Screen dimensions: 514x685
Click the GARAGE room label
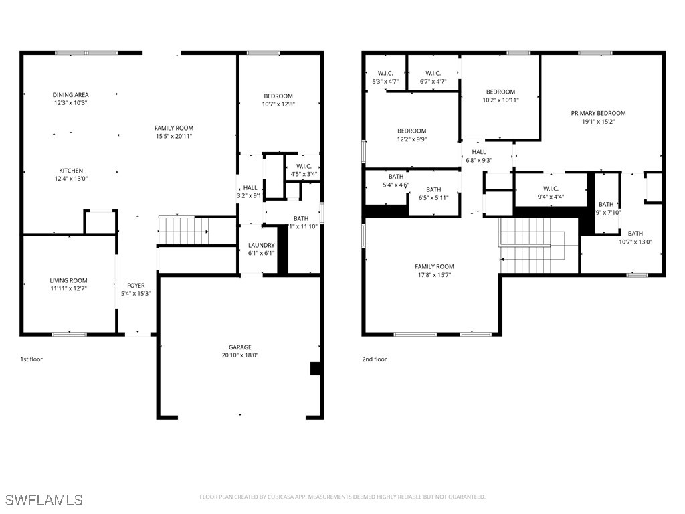[x=240, y=347]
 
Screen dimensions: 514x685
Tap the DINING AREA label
[x=71, y=95]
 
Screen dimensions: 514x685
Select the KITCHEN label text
[x=70, y=171]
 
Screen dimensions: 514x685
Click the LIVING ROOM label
[x=68, y=281]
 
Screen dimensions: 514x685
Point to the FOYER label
[x=136, y=286]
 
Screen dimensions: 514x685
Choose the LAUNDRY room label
[x=261, y=246]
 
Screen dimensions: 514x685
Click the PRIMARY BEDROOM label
[x=598, y=114]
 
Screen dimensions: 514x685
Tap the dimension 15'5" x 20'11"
[x=174, y=136]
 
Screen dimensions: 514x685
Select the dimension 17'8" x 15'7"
[x=435, y=275]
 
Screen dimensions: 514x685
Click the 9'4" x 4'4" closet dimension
[x=551, y=197]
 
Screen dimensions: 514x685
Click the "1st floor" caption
[x=31, y=359]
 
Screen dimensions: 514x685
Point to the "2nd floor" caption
[x=375, y=359]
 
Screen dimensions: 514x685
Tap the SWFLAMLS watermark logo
[x=44, y=500]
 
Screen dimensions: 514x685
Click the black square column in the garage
[x=315, y=369]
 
